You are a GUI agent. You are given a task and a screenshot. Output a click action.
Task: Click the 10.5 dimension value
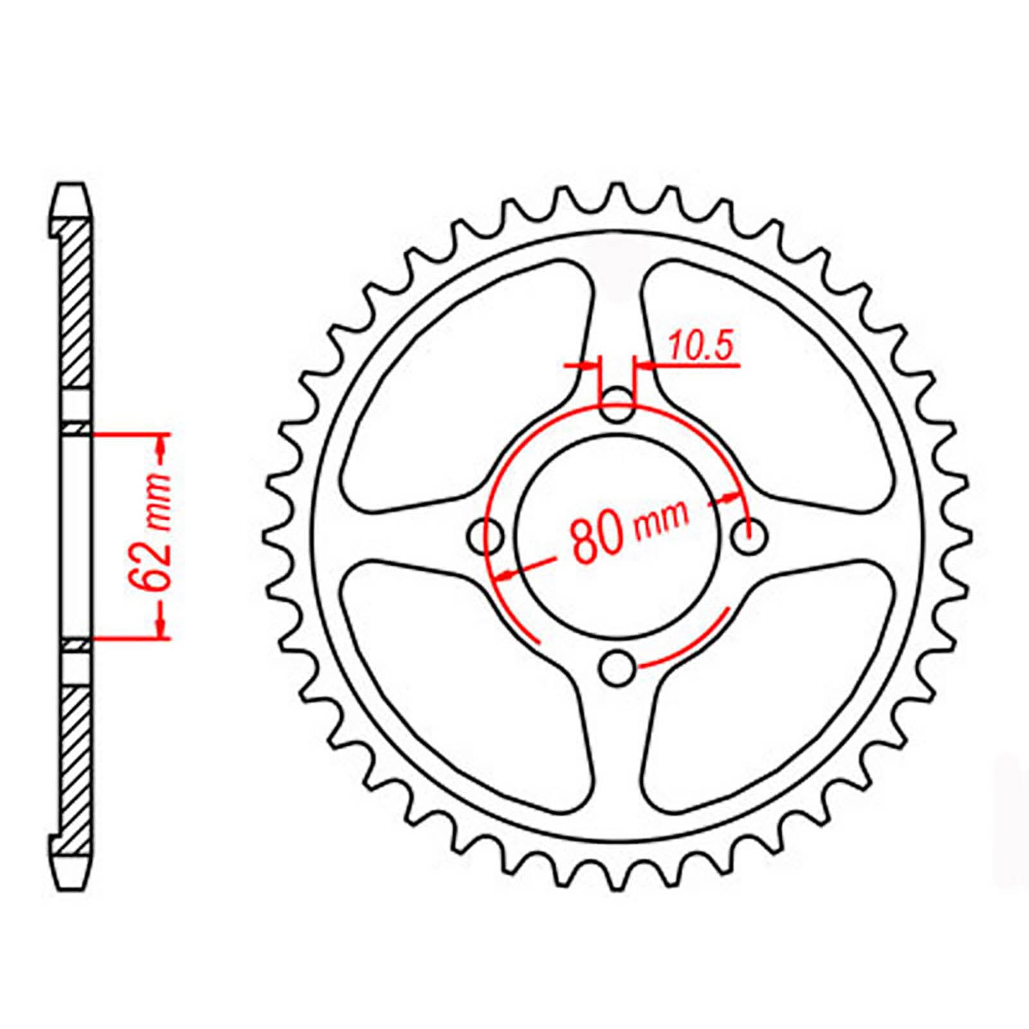click(x=700, y=347)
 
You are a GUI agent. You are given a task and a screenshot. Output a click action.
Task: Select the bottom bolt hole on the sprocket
click(x=617, y=668)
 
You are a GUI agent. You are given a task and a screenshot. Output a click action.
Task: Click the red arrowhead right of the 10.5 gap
click(x=643, y=366)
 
